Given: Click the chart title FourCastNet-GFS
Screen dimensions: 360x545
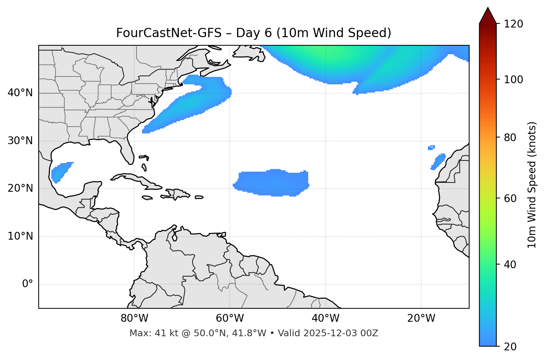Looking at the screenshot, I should click(x=254, y=33).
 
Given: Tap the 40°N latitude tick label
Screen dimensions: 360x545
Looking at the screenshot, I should click(x=20, y=93).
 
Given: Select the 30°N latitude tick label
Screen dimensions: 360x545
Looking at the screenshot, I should click(x=20, y=141).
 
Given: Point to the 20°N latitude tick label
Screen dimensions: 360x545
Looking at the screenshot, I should click(x=20, y=188).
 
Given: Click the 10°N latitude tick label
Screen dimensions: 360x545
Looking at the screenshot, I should click(x=20, y=236).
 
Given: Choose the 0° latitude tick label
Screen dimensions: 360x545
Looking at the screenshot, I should click(x=28, y=284).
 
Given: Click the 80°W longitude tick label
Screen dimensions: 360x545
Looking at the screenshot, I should click(x=134, y=318).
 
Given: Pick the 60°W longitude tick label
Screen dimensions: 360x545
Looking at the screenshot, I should click(x=230, y=318).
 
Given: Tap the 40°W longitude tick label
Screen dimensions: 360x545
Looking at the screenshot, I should click(x=325, y=318).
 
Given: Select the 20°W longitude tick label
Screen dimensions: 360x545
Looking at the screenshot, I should click(x=421, y=318).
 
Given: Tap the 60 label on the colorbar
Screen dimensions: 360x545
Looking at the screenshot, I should click(x=512, y=198).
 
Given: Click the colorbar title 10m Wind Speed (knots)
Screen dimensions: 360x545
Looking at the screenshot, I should click(x=532, y=185).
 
